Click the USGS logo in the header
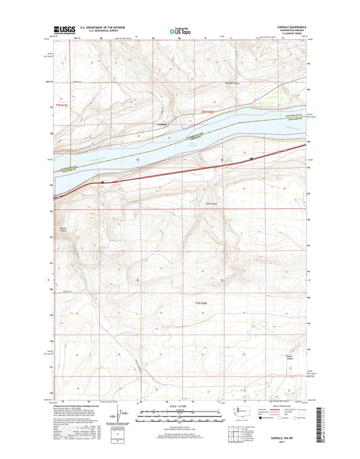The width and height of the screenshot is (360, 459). [61, 30]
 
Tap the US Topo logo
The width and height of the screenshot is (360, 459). [177, 30]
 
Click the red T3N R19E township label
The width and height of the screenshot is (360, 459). [63, 105]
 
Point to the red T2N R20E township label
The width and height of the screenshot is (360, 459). [203, 302]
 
